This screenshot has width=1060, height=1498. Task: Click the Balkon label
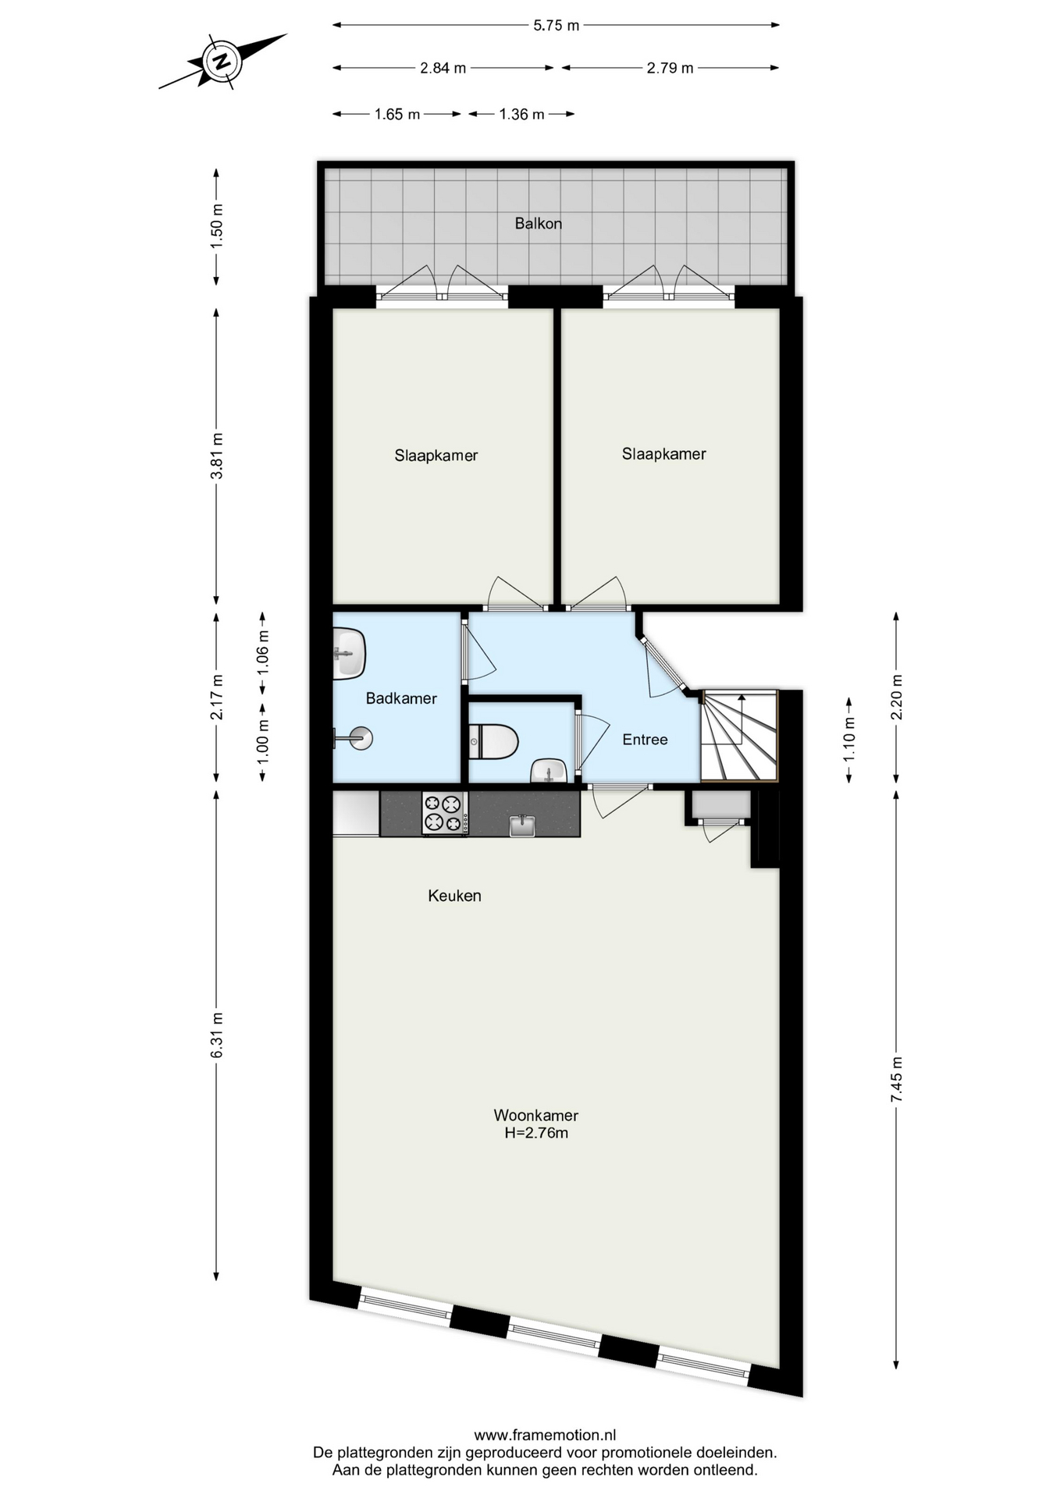[x=538, y=223]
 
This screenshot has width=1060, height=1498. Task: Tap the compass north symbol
[x=222, y=60]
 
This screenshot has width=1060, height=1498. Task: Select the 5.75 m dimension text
[x=556, y=25]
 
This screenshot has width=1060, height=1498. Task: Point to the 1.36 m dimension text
[x=521, y=114]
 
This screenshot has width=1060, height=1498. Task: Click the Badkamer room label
[x=401, y=698]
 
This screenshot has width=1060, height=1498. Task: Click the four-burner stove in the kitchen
[x=445, y=813]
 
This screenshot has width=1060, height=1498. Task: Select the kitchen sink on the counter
[x=522, y=825]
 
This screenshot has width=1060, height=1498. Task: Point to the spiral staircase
[x=739, y=735]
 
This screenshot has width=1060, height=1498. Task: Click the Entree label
[x=645, y=740]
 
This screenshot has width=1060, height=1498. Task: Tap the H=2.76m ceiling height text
[x=536, y=1133]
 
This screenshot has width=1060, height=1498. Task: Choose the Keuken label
[x=454, y=896]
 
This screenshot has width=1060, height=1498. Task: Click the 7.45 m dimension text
[x=896, y=1079]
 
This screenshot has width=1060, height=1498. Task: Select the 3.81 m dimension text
[x=217, y=456]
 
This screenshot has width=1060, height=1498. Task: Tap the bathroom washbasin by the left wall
[x=349, y=653]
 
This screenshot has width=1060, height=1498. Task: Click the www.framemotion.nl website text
[x=545, y=1435]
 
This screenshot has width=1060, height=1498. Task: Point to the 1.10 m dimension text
[x=849, y=739]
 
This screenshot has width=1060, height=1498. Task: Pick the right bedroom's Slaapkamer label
[x=663, y=454]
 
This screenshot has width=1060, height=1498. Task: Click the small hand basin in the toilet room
[x=550, y=771]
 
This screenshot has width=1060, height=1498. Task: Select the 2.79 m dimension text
[x=670, y=68]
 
